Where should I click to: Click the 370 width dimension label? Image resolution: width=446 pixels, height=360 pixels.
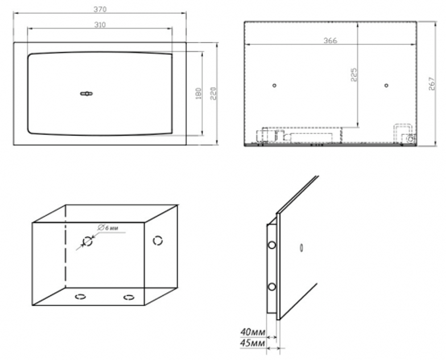(100, 9)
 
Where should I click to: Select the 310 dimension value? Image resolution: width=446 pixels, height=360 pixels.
(100, 25)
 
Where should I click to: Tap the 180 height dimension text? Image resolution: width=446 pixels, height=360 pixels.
(198, 94)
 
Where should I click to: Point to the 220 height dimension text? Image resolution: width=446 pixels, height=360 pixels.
(213, 94)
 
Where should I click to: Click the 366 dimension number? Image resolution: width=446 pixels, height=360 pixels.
(330, 41)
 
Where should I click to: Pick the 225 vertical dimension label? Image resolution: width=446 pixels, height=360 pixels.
(354, 75)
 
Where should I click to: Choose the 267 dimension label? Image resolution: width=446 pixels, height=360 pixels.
(431, 83)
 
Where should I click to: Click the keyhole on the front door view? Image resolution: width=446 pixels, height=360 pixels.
(87, 94)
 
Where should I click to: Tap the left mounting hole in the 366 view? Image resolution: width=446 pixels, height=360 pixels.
(274, 85)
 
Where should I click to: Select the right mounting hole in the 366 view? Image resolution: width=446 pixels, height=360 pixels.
(386, 85)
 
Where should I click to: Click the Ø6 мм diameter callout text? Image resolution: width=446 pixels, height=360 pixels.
(108, 228)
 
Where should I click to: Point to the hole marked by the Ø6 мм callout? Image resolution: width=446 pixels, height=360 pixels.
(87, 241)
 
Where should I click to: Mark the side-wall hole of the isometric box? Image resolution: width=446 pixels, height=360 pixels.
(158, 241)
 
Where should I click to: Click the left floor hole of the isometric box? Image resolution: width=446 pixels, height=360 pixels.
(80, 297)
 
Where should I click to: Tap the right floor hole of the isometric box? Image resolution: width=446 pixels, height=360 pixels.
(129, 297)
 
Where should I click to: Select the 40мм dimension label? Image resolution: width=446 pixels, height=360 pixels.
(253, 332)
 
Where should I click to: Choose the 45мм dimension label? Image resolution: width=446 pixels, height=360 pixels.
(253, 343)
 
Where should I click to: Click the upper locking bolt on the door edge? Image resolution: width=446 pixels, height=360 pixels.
(272, 245)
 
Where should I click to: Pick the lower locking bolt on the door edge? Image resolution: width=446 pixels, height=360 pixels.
(272, 286)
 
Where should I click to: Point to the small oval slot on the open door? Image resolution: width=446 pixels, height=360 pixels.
(301, 248)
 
